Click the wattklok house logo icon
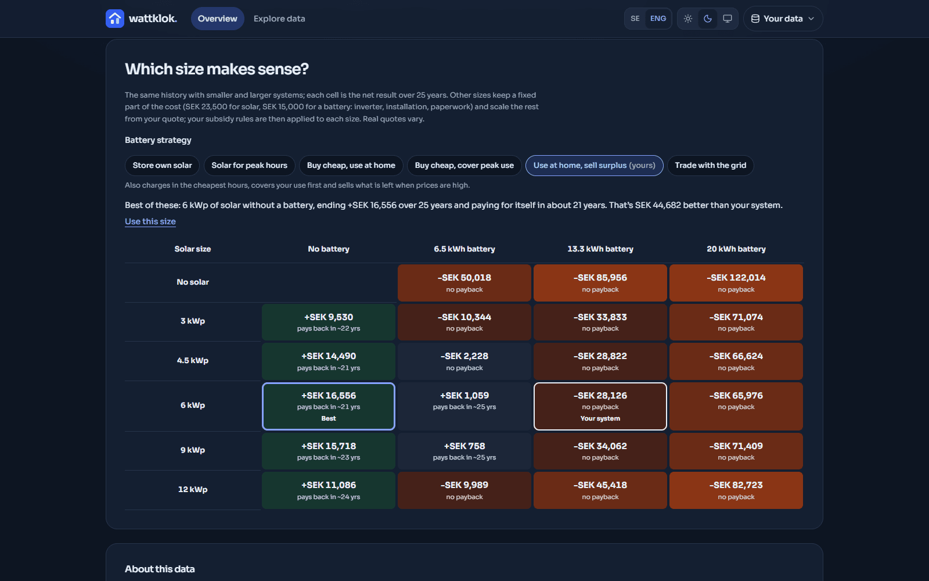115,19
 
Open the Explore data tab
279,19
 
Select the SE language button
635,19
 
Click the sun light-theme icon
688,19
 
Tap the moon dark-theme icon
708,19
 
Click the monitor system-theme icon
728,19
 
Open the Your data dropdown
783,19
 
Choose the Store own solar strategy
162,166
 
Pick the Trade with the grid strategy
711,166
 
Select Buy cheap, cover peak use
464,166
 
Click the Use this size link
150,221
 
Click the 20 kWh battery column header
736,249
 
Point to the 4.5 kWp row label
192,361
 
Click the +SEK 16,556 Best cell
329,406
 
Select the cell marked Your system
600,406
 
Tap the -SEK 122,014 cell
736,283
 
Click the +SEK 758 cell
464,451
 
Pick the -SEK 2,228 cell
464,361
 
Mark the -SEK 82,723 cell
736,490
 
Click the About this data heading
160,569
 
